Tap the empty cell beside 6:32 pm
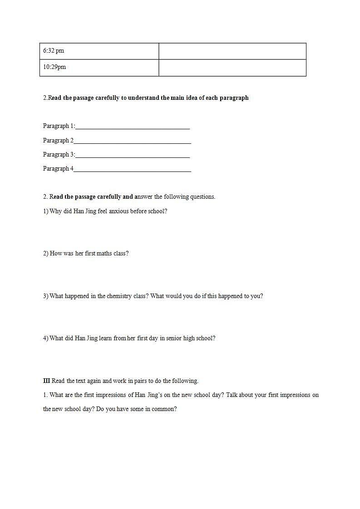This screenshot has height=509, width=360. [232, 51]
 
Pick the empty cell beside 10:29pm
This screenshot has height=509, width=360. [232, 68]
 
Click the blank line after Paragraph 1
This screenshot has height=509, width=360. [133, 127]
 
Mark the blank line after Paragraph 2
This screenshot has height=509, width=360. [132, 142]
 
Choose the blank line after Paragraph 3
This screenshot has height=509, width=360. [133, 156]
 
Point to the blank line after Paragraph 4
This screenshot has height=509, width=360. [132, 170]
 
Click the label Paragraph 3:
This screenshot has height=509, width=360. [59, 155]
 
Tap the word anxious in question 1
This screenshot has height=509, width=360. [118, 211]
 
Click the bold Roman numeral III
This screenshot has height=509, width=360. [46, 381]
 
